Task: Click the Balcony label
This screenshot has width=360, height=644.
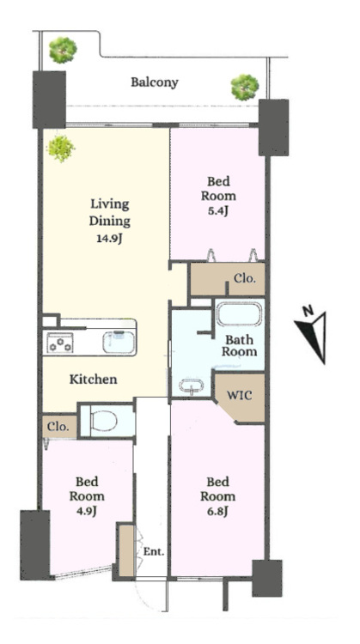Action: (x=155, y=82)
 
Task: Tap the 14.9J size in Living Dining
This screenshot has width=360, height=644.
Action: (x=109, y=239)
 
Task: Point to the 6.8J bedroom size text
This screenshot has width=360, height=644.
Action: (x=218, y=512)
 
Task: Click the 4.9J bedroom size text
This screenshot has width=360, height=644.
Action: (x=87, y=512)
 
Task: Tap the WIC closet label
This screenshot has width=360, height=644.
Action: (x=240, y=396)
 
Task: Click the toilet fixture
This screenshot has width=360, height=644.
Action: (x=104, y=421)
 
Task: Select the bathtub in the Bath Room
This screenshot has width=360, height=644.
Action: (x=239, y=315)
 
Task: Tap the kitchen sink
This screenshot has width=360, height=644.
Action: (x=119, y=342)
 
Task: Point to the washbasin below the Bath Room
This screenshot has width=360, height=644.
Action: (x=192, y=386)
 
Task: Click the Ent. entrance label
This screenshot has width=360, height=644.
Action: (x=154, y=551)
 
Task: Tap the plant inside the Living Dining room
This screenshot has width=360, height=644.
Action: (x=61, y=149)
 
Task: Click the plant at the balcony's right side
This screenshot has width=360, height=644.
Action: (x=245, y=87)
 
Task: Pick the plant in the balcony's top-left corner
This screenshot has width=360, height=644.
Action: (x=63, y=50)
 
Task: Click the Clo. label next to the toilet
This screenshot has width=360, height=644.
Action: (x=58, y=426)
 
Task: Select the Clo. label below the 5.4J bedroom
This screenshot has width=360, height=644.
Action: (x=245, y=278)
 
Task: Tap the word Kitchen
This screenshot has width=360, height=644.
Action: (x=94, y=379)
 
